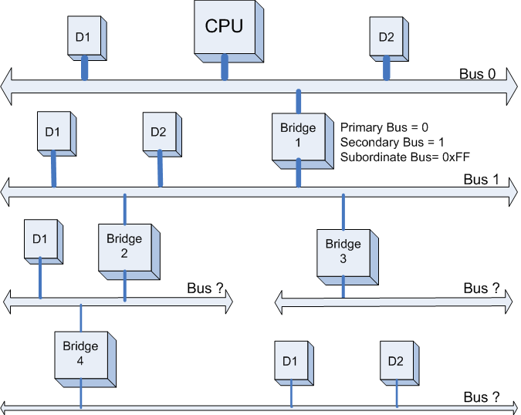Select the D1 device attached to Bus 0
click(x=84, y=36)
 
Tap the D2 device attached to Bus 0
click(x=387, y=36)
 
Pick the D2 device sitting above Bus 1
click(x=157, y=132)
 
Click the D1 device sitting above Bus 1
click(x=52, y=132)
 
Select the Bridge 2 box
click(x=124, y=246)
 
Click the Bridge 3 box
click(x=343, y=251)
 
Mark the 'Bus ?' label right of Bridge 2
click(x=205, y=288)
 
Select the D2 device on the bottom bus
click(x=396, y=362)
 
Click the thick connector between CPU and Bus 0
click(x=225, y=66)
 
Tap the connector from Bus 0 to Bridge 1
click(x=298, y=102)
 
